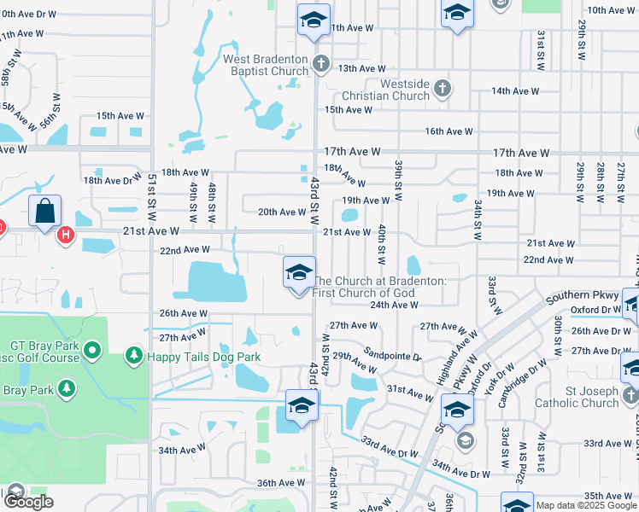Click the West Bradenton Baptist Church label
tap(266, 65)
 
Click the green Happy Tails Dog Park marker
tap(133, 353)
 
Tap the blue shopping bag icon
tap(44, 211)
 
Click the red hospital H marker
tap(65, 235)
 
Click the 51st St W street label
tap(151, 192)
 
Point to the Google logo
tap(29, 502)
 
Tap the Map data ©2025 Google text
tap(586, 505)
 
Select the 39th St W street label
tap(398, 175)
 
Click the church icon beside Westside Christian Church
tap(442, 88)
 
